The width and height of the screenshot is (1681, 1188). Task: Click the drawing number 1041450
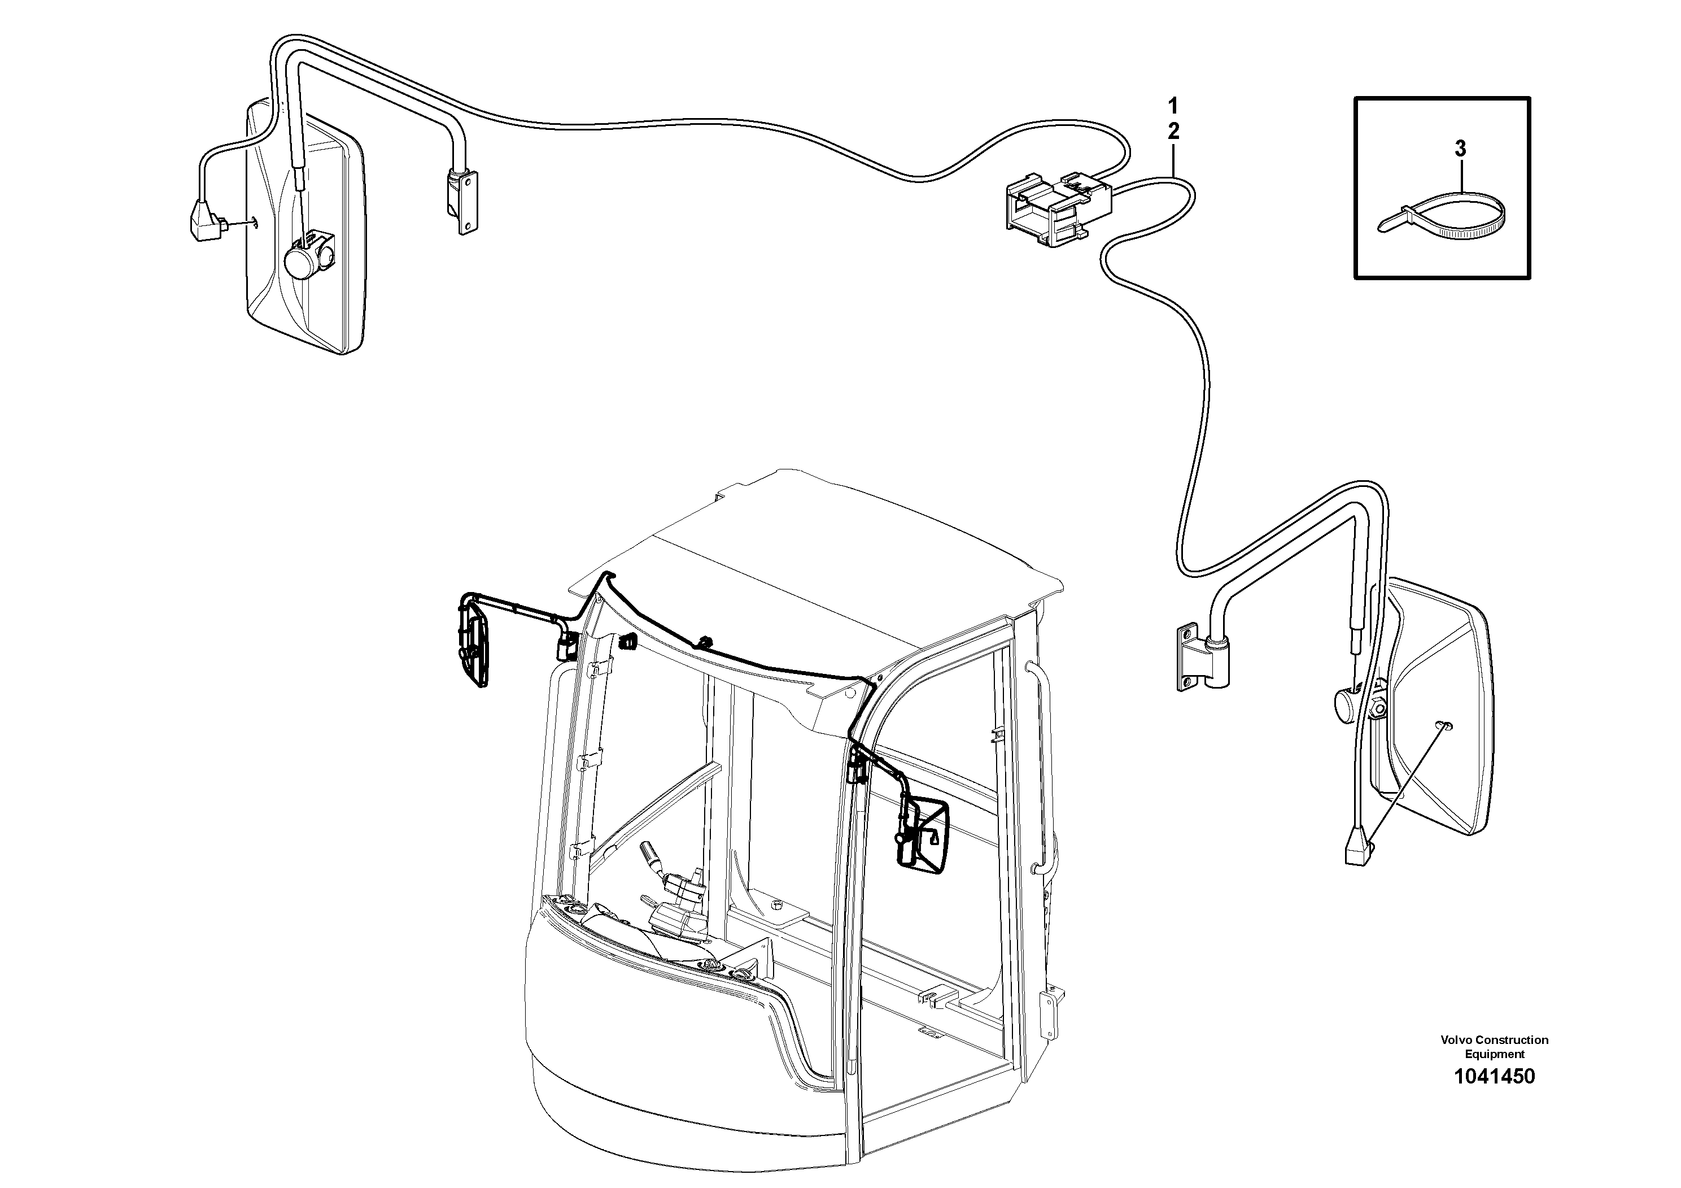(1494, 1077)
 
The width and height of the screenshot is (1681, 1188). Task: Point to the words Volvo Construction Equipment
(1494, 1047)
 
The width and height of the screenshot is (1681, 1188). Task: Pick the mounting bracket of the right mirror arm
(1190, 656)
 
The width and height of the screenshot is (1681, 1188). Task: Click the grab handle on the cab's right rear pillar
(1040, 769)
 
